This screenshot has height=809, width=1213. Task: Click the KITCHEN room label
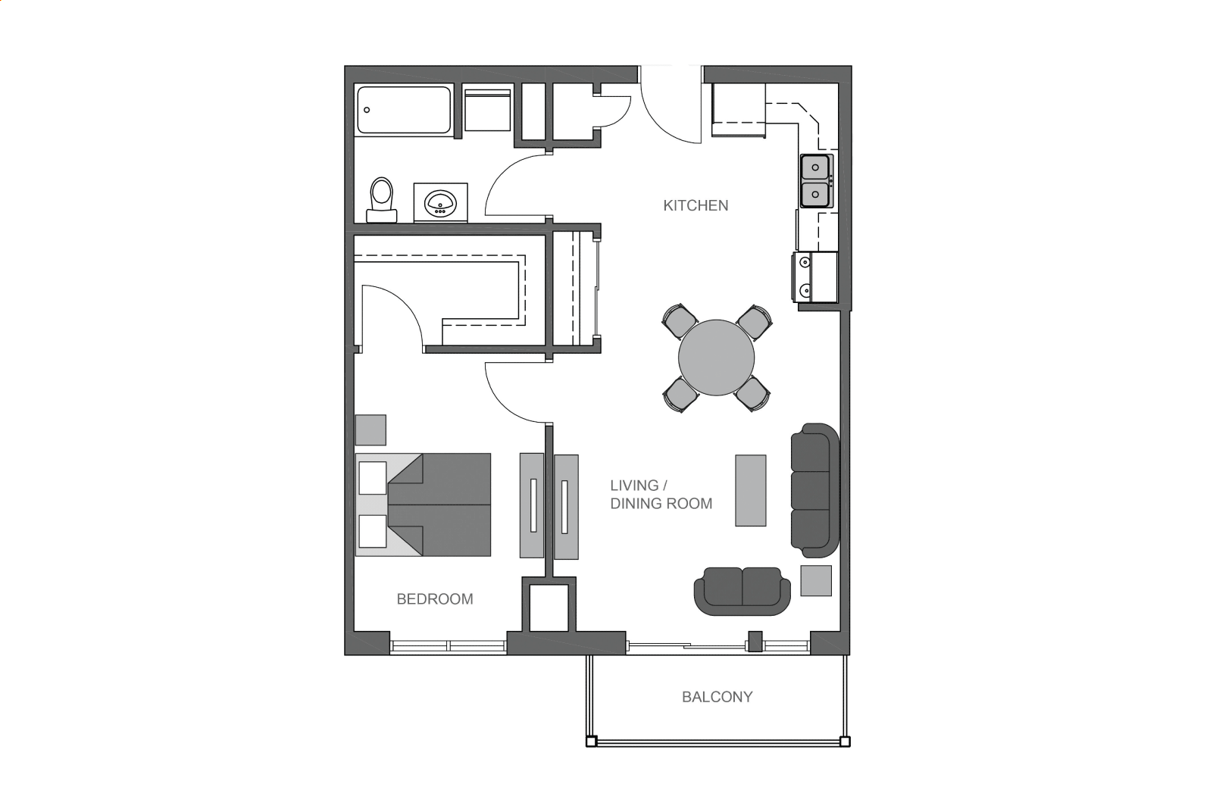696,206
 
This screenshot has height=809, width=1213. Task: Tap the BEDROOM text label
435,599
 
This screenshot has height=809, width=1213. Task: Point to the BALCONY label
717,697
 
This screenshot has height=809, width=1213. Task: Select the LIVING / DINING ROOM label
661,495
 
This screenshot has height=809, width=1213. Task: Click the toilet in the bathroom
382,200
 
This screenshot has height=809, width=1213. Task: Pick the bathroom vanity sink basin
441,203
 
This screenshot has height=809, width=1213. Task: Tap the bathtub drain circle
367,110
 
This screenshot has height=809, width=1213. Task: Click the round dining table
716,358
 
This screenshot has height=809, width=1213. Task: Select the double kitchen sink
816,181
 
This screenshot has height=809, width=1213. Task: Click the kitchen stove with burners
815,276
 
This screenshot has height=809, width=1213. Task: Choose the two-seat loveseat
742,591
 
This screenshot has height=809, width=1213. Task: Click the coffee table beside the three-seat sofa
751,491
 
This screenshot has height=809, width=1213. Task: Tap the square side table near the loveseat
816,580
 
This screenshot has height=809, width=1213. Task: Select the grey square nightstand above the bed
371,430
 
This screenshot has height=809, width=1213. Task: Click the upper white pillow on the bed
373,478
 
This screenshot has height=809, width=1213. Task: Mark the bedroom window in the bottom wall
448,646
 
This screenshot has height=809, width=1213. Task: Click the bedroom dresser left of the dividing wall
532,506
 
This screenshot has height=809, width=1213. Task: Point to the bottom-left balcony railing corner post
591,742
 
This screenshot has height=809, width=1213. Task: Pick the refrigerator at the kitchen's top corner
739,110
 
